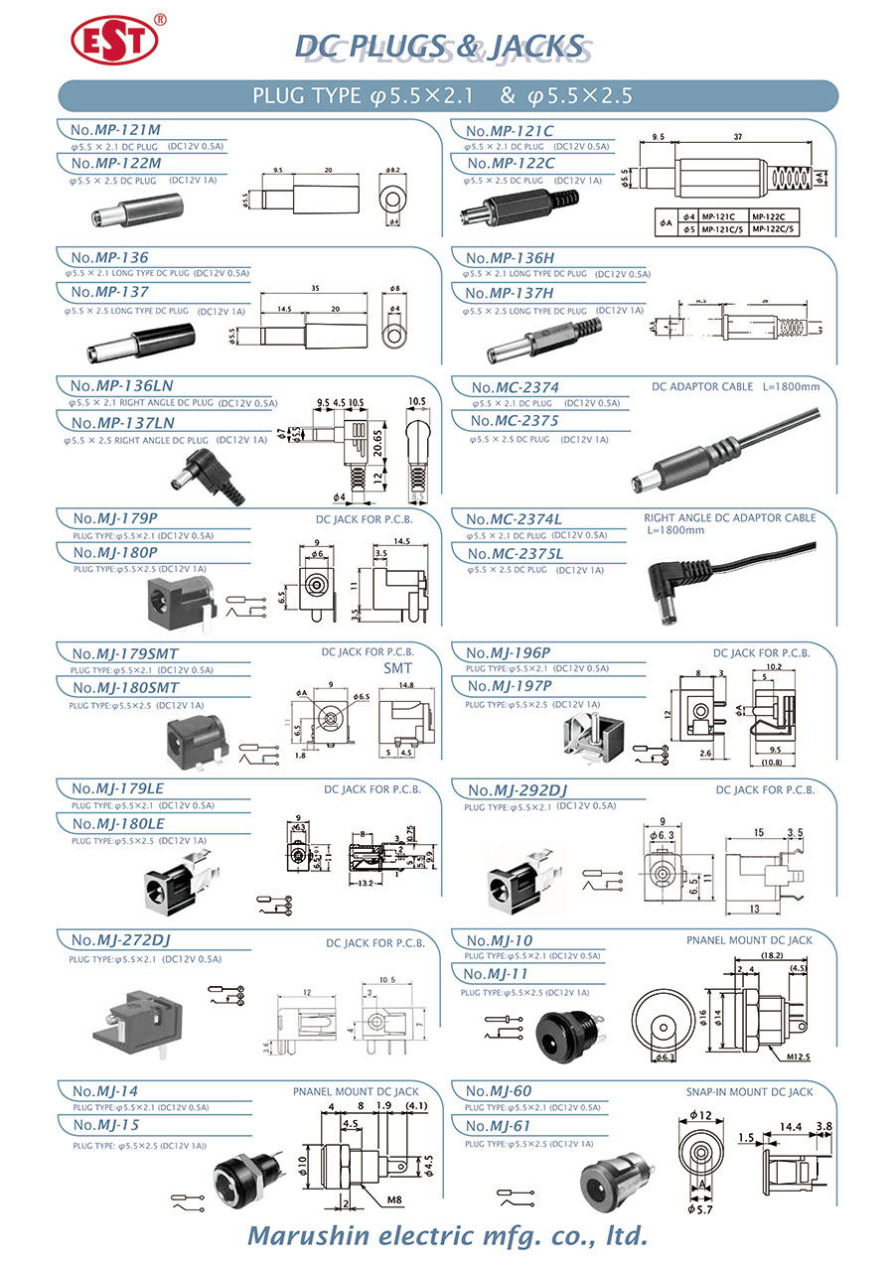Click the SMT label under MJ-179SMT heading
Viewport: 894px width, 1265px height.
coord(397,668)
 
